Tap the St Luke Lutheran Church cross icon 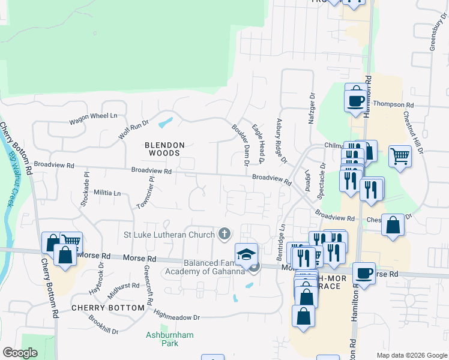coord(225,233)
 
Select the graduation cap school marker coord(246,254)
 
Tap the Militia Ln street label coord(107,193)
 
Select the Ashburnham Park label coord(162,339)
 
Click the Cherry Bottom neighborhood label coord(108,307)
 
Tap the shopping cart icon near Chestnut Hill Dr coord(400,156)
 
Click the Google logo coord(20,353)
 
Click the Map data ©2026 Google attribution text coord(411,355)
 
